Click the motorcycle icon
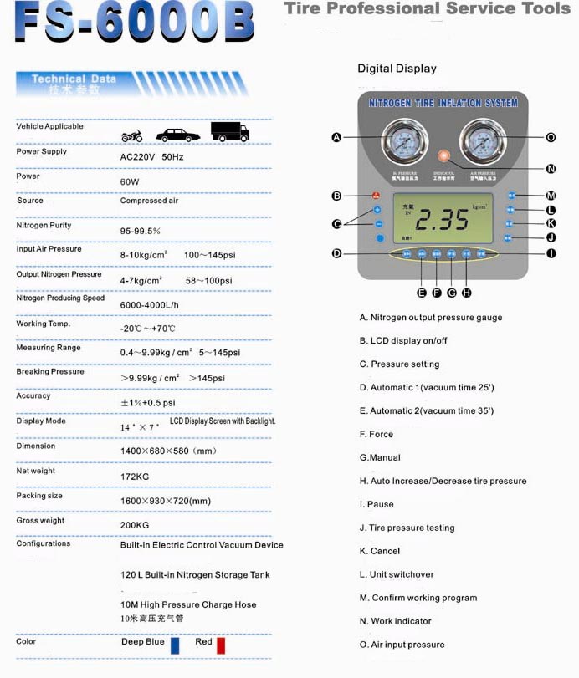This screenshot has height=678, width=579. (132, 135)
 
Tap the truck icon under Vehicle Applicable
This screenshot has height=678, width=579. (229, 132)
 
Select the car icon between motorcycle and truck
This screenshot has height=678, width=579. (177, 135)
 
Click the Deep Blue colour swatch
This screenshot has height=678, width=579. (175, 645)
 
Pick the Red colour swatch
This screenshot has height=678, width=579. (221, 645)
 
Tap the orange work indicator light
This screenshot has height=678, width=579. (443, 155)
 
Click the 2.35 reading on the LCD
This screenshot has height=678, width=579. (443, 220)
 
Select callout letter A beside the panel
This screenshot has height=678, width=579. (336, 137)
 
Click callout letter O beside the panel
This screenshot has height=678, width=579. (551, 137)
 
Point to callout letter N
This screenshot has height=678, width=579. (551, 168)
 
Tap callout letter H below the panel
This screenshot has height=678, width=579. (466, 293)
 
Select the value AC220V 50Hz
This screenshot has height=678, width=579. (152, 156)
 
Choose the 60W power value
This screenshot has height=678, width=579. (130, 181)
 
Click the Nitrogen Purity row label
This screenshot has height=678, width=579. (44, 225)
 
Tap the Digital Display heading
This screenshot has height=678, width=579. (397, 69)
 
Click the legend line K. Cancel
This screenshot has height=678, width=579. (388, 551)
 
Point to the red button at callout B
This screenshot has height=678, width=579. (377, 196)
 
